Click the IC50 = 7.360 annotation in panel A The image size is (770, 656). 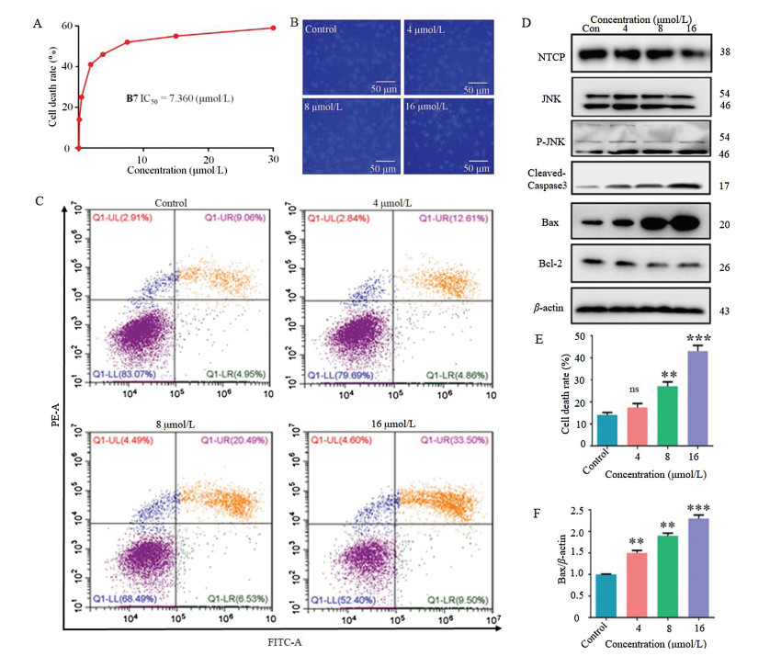coord(180,96)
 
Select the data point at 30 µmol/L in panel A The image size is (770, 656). coord(273,28)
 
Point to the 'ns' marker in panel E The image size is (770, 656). coord(633,390)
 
